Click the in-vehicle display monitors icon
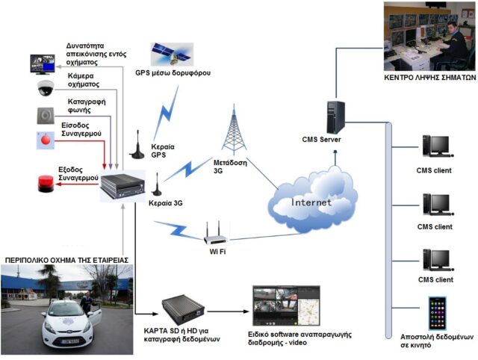coord(43,63)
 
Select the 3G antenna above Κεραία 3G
coord(158,184)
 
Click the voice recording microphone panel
coord(45,114)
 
